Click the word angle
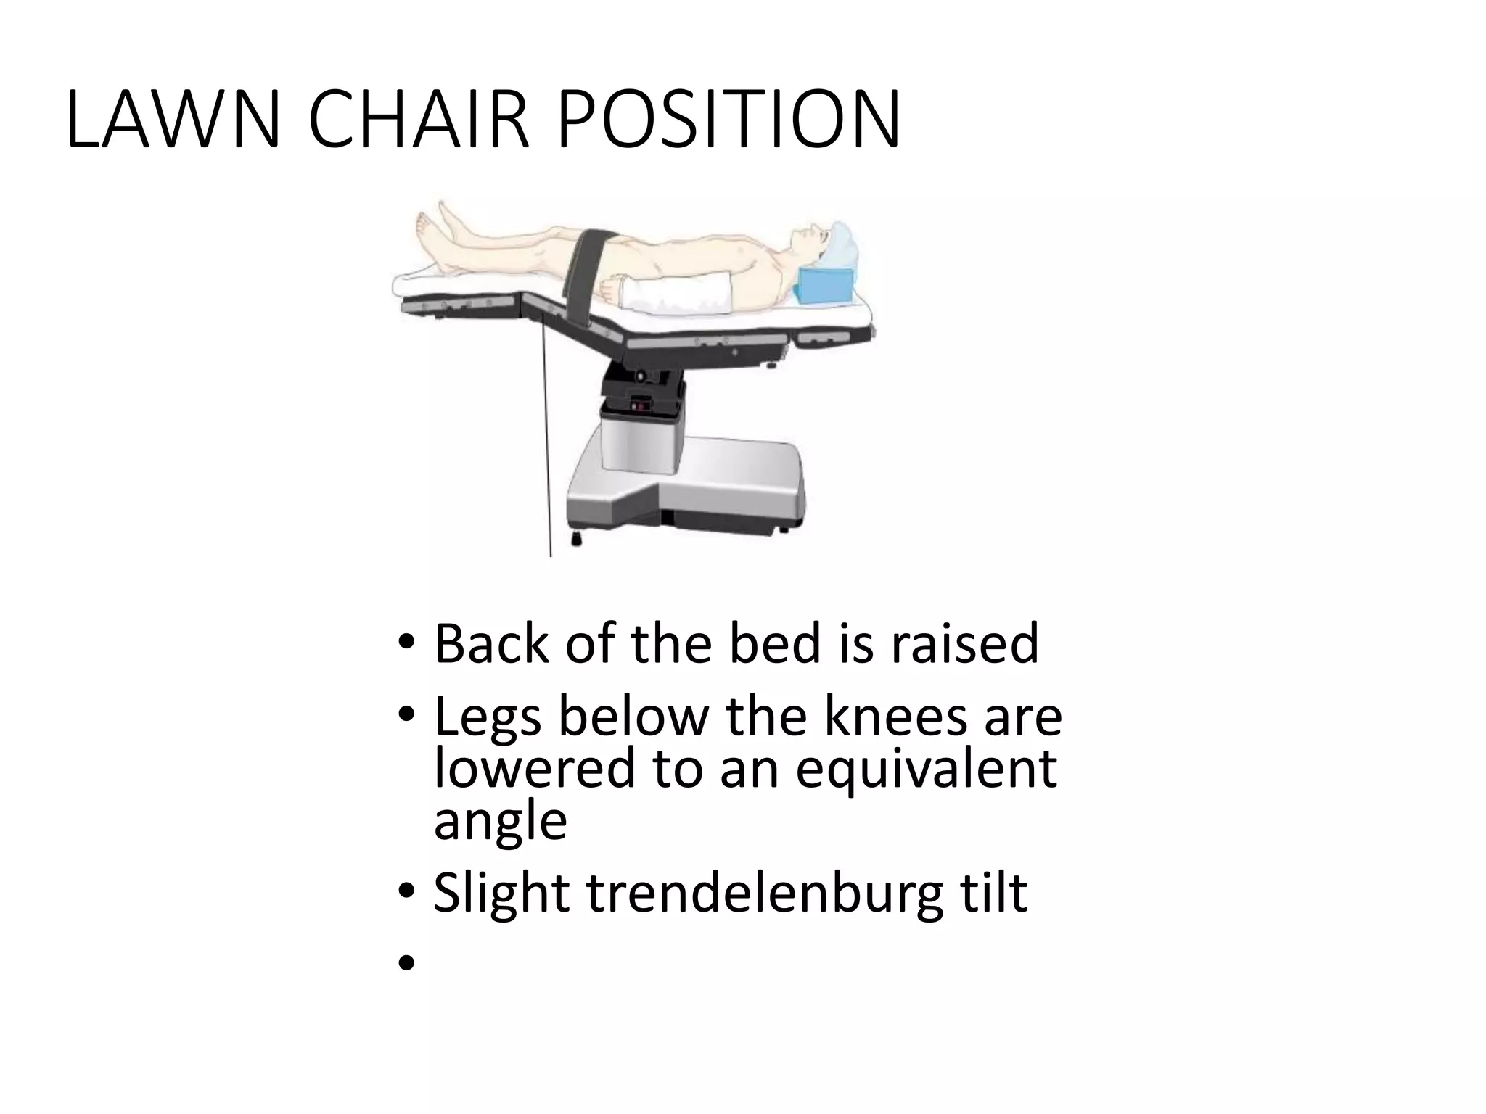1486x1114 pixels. click(x=500, y=821)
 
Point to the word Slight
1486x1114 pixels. click(x=501, y=894)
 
